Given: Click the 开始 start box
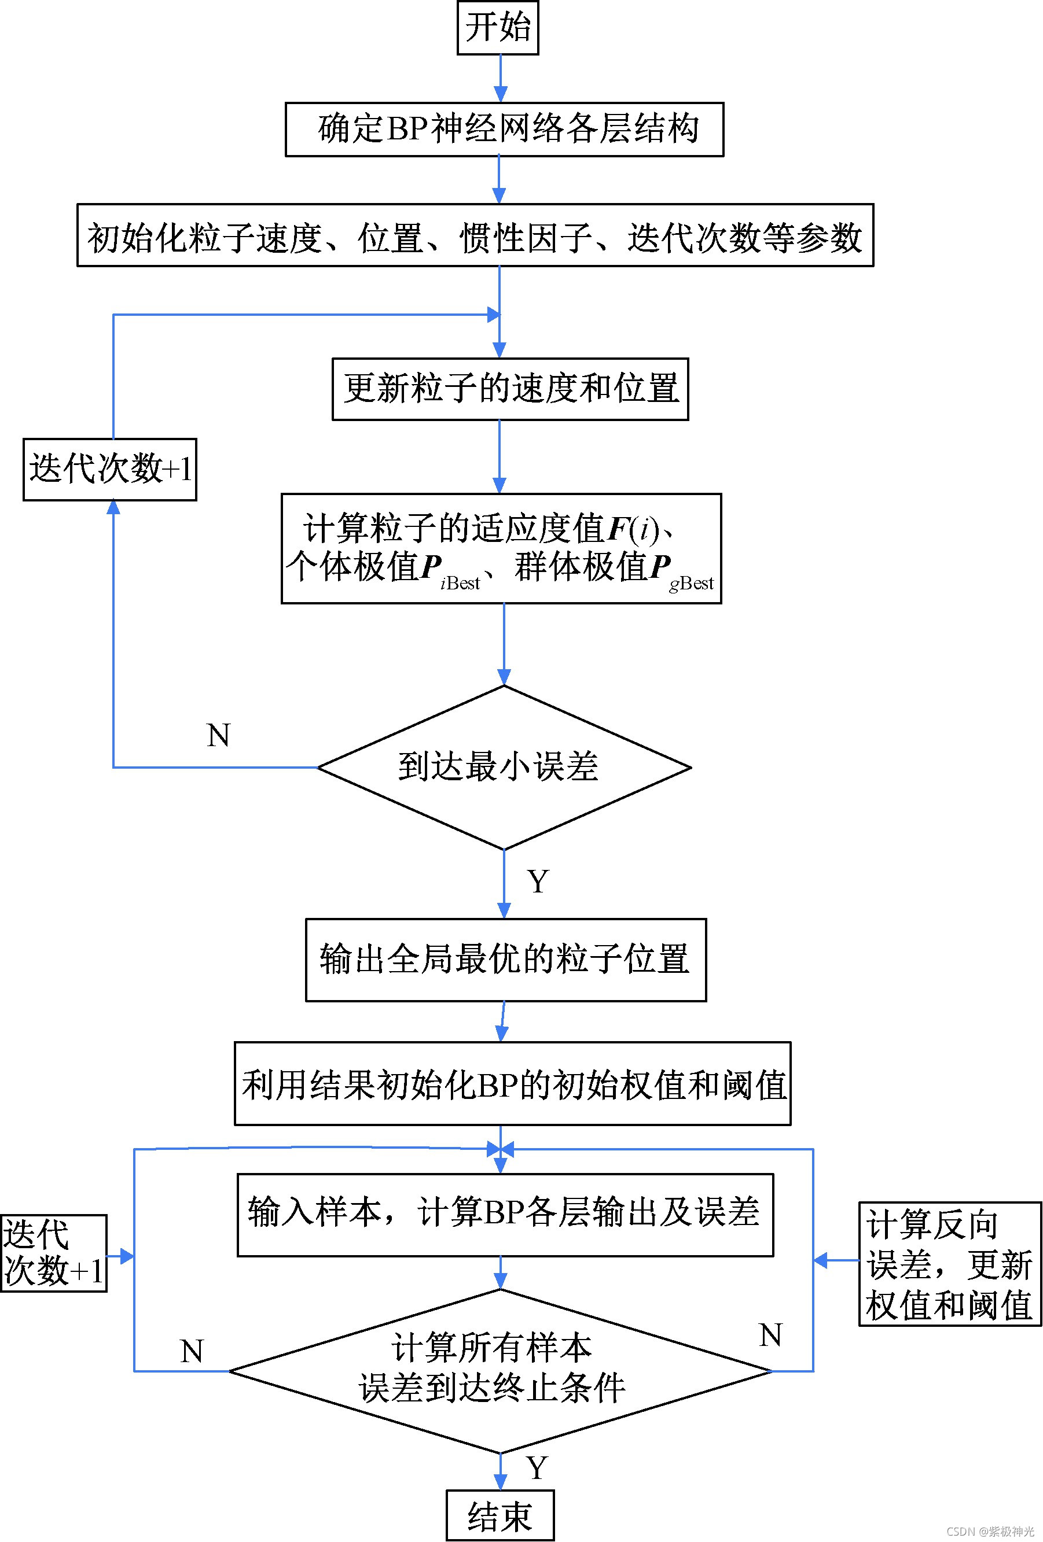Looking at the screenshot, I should (497, 27).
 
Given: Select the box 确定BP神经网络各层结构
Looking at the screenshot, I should (504, 130).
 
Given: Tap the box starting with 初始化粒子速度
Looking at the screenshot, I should (475, 235).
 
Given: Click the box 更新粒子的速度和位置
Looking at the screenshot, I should (510, 389).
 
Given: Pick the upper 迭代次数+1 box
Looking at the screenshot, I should (109, 469).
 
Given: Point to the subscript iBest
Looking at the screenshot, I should (460, 583).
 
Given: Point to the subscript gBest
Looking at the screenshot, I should (691, 583).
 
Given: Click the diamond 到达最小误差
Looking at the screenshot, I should (504, 767).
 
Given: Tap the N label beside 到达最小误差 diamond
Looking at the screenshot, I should (218, 735).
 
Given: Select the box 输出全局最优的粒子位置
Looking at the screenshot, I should (505, 960).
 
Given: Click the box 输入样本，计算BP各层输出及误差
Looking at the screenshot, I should (505, 1213).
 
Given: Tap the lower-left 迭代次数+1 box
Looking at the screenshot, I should (53, 1253).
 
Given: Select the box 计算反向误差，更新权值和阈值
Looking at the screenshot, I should (949, 1264).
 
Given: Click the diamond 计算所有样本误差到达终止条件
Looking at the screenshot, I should (500, 1370).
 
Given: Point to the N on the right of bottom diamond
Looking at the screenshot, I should (770, 1335).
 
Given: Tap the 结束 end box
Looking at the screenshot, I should (500, 1515).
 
